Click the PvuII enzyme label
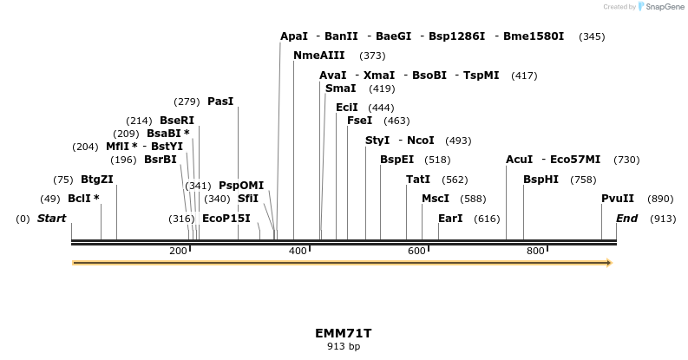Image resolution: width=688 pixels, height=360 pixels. click(x=618, y=199)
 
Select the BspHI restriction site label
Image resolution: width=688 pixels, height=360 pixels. click(x=541, y=180)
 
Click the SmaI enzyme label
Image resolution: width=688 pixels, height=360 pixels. click(x=340, y=88)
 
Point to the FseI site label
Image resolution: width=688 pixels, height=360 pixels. click(x=359, y=121)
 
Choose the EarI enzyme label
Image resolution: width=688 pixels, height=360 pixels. click(x=450, y=219)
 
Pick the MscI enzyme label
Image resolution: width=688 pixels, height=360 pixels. click(x=436, y=199)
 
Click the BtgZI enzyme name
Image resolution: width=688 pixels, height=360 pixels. click(x=97, y=180)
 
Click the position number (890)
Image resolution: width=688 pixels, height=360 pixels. click(x=661, y=199)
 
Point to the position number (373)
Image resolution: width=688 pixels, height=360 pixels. click(x=372, y=56)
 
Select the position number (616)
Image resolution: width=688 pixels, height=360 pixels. click(x=487, y=219)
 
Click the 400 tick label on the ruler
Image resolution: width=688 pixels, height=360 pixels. click(x=298, y=251)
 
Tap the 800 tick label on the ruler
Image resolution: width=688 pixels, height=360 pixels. click(x=535, y=251)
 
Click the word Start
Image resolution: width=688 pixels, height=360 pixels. click(x=51, y=219)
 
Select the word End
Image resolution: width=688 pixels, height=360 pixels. click(x=627, y=219)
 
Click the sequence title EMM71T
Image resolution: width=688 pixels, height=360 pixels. click(x=344, y=333)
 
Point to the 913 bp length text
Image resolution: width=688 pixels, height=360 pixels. click(x=344, y=346)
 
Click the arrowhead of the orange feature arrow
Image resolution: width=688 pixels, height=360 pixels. click(x=609, y=262)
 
